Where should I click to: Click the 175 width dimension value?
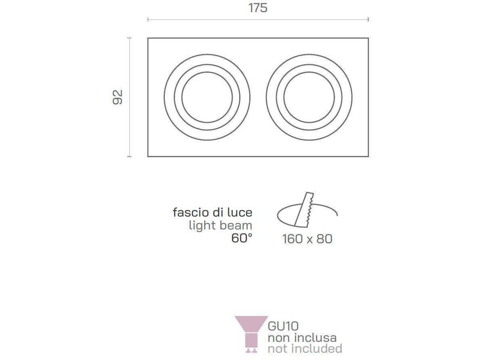tap(258, 8)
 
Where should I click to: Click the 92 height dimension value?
tap(118, 97)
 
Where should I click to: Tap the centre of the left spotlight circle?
tap(207, 97)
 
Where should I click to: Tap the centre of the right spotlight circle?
tap(309, 97)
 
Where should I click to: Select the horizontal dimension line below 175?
tap(258, 19)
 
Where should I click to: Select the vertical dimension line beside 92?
tap(129, 97)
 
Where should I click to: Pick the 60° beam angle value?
tap(242, 238)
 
